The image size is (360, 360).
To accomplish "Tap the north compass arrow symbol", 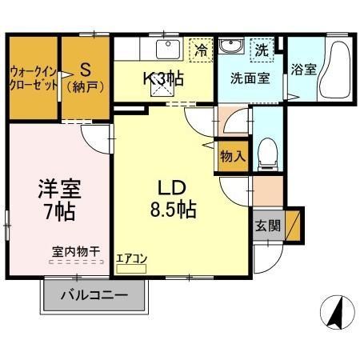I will point(335,310).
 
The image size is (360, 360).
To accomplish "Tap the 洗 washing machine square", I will point(262,50).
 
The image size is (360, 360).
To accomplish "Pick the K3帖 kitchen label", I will point(163,79).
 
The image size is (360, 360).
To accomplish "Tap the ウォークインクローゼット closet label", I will point(33,78).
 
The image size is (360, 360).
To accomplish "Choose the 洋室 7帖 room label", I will point(58,200).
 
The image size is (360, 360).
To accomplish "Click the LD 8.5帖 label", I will point(171,199).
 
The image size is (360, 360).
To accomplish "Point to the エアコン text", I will point(131,258).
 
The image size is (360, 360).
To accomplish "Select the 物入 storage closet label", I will point(233,157).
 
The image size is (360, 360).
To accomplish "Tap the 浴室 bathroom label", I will point(303,69).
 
